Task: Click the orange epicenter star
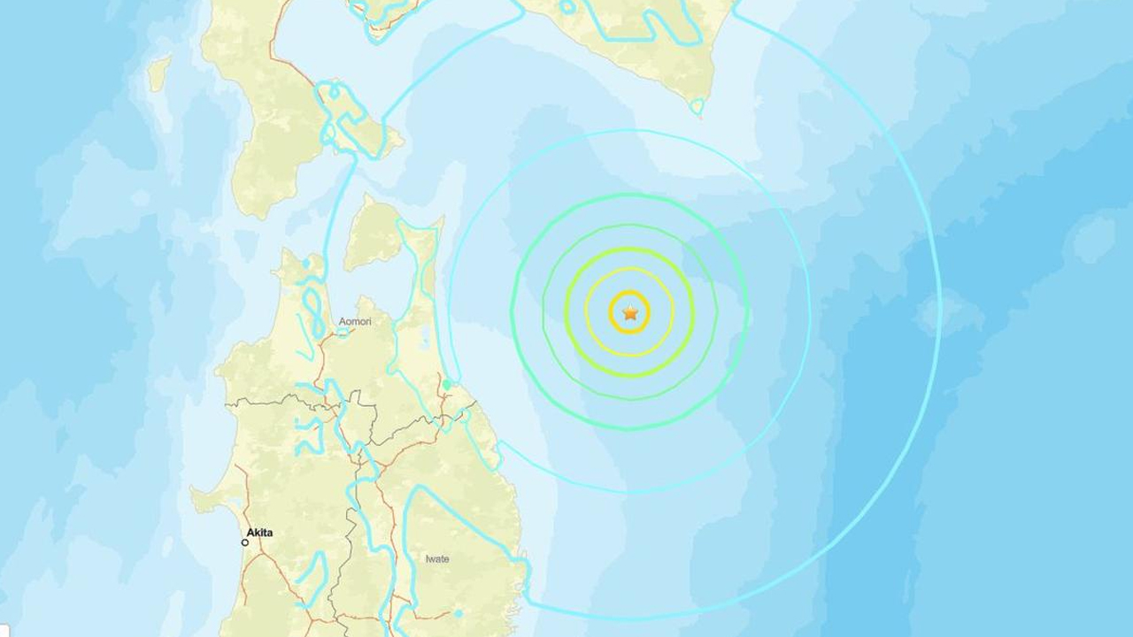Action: (x=629, y=313)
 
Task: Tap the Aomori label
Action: (x=355, y=322)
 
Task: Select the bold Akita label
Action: (x=259, y=533)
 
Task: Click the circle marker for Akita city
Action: (x=245, y=542)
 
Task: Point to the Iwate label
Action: (x=437, y=559)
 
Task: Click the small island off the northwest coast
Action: (x=159, y=73)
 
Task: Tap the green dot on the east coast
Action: (x=448, y=384)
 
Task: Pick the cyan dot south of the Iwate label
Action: (x=459, y=612)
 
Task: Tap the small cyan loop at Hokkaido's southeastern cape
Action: (x=697, y=107)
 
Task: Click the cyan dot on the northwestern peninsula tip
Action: (x=305, y=263)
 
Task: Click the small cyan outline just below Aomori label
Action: (x=343, y=333)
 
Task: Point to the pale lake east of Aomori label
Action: (x=428, y=339)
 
